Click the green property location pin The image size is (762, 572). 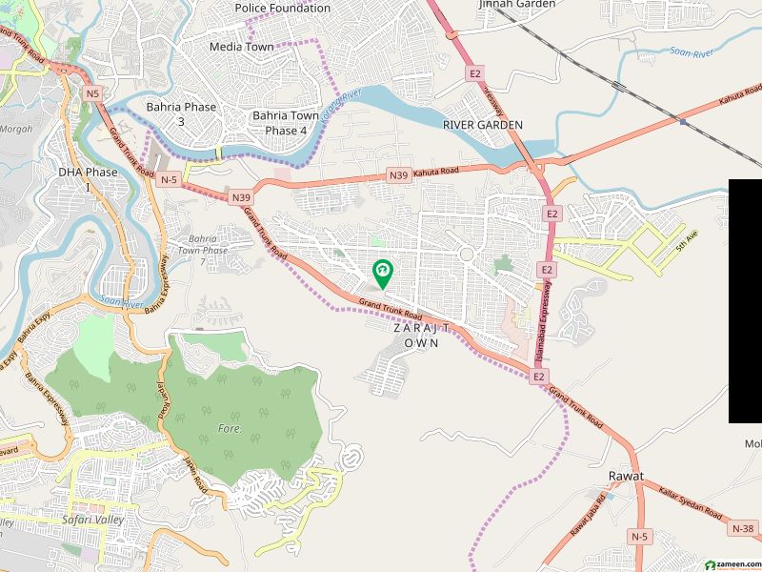click(x=383, y=274)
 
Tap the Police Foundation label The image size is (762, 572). click(x=283, y=8)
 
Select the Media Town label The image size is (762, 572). click(x=242, y=47)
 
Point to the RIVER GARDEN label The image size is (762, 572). click(x=483, y=125)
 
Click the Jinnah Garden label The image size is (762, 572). click(x=512, y=5)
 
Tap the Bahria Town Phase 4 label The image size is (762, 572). click(x=286, y=122)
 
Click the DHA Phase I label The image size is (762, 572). click(x=87, y=178)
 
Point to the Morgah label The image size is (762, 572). click(x=16, y=129)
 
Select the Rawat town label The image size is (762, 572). click(x=626, y=476)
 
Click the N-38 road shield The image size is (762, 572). click(x=743, y=528)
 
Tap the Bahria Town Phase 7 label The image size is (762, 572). click(x=208, y=250)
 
